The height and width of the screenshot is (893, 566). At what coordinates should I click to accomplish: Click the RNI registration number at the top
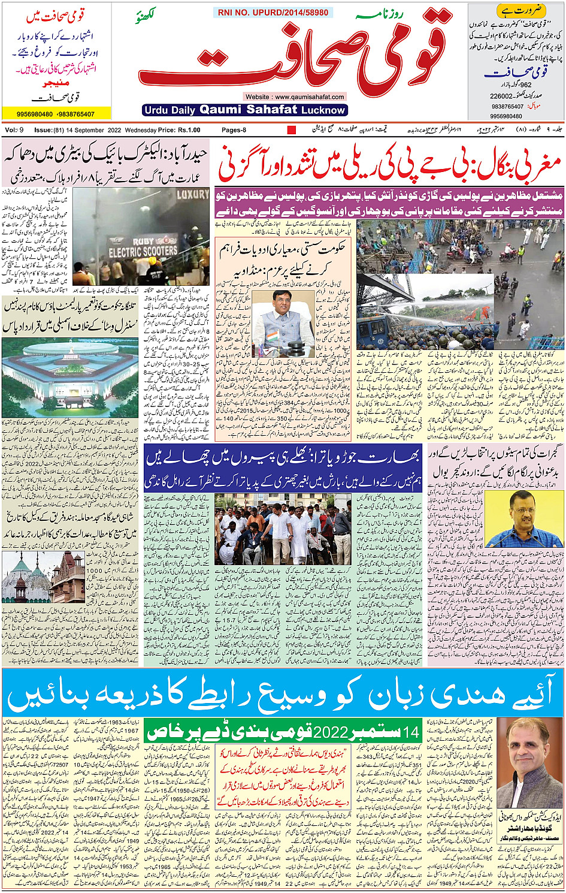pyautogui.click(x=273, y=12)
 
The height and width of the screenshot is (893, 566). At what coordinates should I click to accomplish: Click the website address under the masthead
pyautogui.click(x=294, y=96)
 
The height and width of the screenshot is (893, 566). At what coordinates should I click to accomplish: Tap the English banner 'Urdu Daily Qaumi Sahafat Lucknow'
pyautogui.click(x=245, y=110)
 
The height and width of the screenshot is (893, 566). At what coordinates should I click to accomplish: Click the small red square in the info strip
pyautogui.click(x=292, y=130)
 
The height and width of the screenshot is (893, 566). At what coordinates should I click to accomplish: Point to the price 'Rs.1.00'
pyautogui.click(x=189, y=130)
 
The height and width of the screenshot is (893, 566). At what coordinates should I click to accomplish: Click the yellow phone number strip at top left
pyautogui.click(x=56, y=114)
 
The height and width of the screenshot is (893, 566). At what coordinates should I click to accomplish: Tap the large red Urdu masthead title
pyautogui.click(x=293, y=57)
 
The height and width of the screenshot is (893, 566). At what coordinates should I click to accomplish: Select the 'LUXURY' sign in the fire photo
pyautogui.click(x=192, y=195)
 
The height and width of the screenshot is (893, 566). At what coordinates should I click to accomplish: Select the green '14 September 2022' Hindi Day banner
pyautogui.click(x=283, y=732)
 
